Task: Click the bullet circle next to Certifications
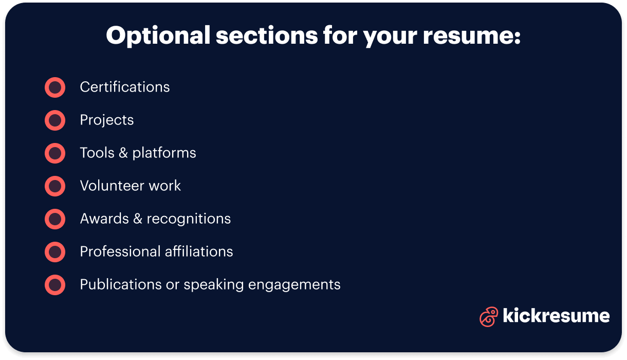pyautogui.click(x=55, y=87)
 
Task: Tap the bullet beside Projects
pyautogui.click(x=55, y=120)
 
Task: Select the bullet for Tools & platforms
pyautogui.click(x=55, y=153)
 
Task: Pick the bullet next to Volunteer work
pyautogui.click(x=55, y=186)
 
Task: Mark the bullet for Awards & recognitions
pyautogui.click(x=55, y=219)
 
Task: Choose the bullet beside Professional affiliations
pyautogui.click(x=55, y=252)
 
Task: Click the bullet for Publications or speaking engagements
pyautogui.click(x=55, y=285)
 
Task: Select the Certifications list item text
pyautogui.click(x=125, y=87)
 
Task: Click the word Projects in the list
pyautogui.click(x=107, y=120)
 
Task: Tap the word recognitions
pyautogui.click(x=189, y=219)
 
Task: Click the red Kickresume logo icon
pyautogui.click(x=488, y=316)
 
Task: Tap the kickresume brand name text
pyautogui.click(x=556, y=316)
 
